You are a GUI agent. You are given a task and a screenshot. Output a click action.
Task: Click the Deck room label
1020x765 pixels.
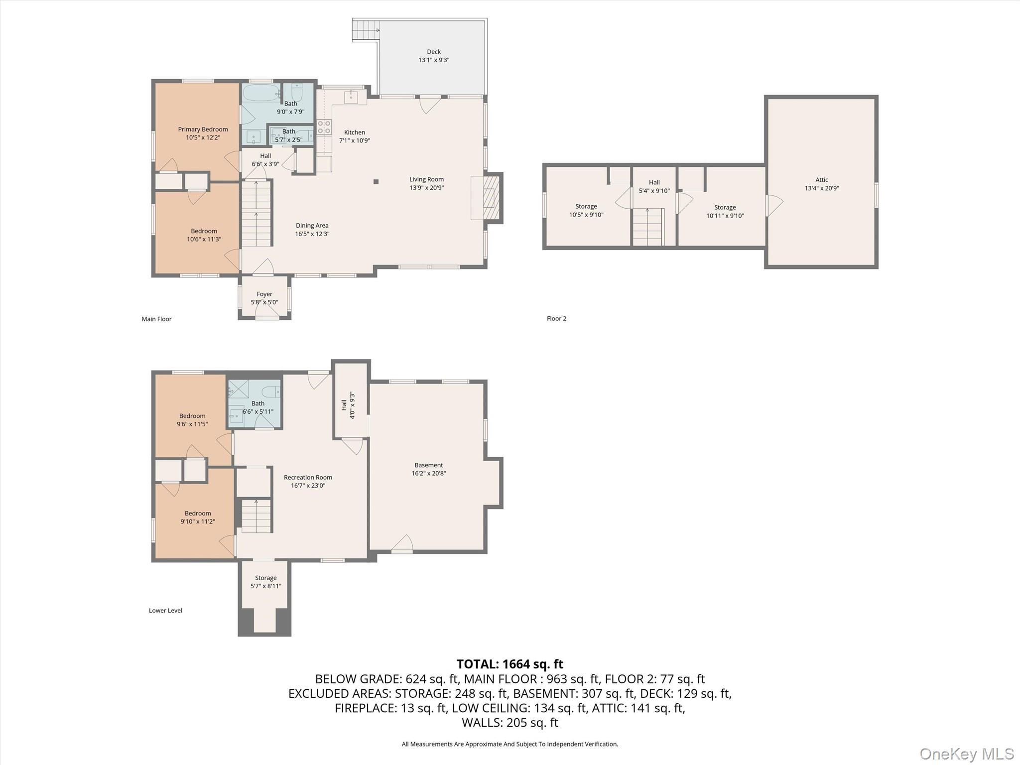click(x=434, y=52)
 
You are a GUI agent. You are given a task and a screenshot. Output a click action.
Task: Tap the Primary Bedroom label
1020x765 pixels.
click(x=203, y=129)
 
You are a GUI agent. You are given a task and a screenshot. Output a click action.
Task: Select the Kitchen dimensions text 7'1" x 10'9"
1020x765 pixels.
click(x=355, y=140)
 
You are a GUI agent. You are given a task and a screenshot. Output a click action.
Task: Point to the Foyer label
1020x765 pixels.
click(x=264, y=294)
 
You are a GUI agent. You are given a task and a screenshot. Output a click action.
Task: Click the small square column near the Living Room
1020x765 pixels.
click(x=376, y=182)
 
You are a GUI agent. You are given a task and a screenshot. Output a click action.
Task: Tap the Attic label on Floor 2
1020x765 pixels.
click(x=822, y=180)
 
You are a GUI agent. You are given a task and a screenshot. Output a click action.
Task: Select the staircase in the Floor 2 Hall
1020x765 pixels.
click(x=648, y=227)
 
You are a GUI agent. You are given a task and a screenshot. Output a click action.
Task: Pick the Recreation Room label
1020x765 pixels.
click(x=308, y=477)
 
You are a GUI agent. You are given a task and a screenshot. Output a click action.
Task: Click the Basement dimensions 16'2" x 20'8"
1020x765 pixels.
click(x=428, y=474)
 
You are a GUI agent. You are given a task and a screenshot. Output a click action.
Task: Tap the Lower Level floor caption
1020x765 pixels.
click(x=165, y=610)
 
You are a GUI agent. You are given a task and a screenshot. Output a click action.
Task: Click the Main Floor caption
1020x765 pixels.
click(x=156, y=319)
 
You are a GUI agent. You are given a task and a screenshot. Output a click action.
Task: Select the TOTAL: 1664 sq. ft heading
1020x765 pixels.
click(x=510, y=664)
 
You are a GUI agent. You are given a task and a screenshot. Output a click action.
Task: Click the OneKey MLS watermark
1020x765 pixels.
click(x=967, y=754)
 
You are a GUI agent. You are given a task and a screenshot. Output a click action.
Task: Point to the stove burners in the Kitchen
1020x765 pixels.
click(x=324, y=127)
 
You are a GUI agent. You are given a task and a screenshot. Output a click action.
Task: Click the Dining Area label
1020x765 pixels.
click(x=312, y=226)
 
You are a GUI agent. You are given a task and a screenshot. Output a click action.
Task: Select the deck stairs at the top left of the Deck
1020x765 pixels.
click(x=366, y=29)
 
